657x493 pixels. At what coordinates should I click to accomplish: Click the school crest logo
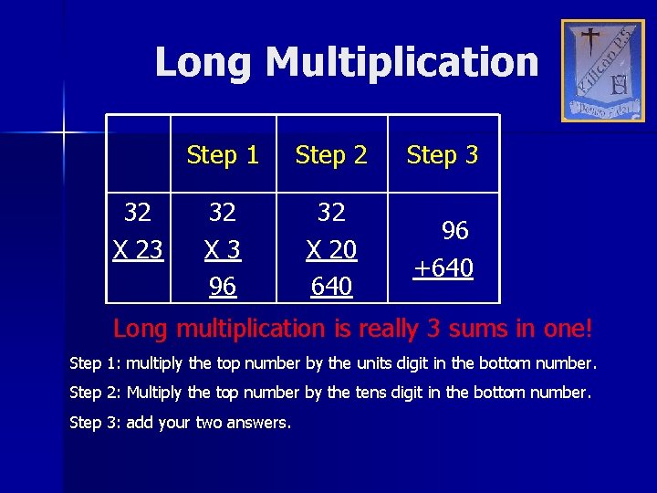click(602, 70)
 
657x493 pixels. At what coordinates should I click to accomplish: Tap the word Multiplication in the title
click(401, 63)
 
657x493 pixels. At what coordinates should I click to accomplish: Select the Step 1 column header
click(223, 155)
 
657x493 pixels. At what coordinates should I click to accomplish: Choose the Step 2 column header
click(331, 155)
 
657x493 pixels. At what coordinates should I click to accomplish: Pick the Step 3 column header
click(443, 155)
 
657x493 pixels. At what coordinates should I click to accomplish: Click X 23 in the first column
click(138, 249)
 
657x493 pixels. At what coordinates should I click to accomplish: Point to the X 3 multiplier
click(223, 249)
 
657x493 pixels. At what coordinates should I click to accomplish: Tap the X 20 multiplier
click(331, 249)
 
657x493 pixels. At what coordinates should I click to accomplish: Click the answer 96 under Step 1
click(223, 286)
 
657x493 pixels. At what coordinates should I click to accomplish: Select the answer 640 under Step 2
click(331, 286)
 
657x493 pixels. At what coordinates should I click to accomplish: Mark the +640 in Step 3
click(443, 268)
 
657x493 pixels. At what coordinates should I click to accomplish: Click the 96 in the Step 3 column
click(454, 231)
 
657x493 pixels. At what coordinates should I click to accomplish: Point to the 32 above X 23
click(138, 213)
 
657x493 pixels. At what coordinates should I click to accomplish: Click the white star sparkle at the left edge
click(64, 133)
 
